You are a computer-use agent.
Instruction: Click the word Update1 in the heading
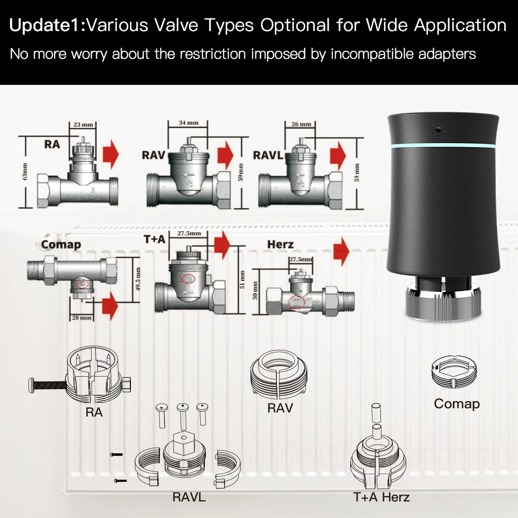46,25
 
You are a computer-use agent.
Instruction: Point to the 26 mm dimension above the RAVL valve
302,124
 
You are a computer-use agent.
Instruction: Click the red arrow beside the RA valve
110,154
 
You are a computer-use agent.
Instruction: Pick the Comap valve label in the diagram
61,244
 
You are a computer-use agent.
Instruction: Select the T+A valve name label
155,239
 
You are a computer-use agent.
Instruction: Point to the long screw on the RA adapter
49,384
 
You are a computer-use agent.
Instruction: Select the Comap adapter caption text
456,404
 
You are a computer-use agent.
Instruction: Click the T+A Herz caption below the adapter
381,497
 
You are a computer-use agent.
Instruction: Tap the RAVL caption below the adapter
189,497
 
